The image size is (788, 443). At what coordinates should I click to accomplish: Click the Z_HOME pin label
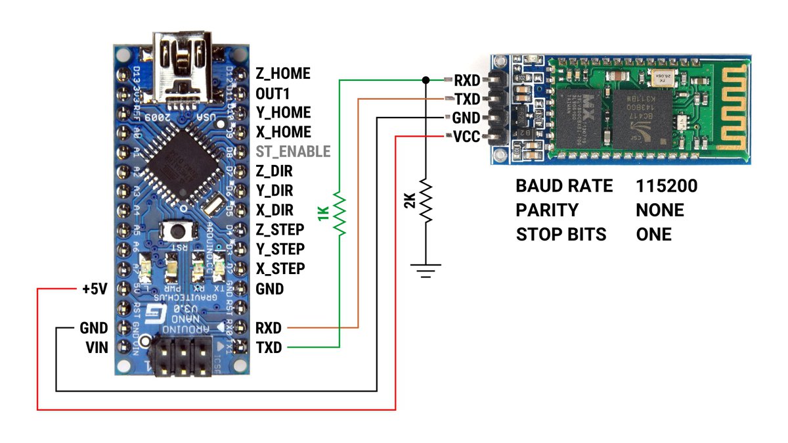click(x=282, y=74)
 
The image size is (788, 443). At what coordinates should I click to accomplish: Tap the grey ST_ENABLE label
click(x=292, y=152)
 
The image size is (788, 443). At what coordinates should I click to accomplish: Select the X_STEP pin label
click(x=280, y=269)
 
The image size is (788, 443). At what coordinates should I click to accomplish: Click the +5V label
click(x=94, y=289)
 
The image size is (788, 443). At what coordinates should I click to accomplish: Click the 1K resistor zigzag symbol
click(x=339, y=213)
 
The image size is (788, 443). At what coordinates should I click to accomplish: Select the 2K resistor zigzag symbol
click(x=426, y=200)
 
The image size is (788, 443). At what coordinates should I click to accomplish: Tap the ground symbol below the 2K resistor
click(x=426, y=269)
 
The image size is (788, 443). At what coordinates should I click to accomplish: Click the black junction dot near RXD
click(x=426, y=80)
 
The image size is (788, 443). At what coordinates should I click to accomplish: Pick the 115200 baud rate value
click(x=667, y=186)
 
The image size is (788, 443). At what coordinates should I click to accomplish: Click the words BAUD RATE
click(x=564, y=186)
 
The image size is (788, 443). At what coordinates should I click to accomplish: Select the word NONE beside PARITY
click(x=660, y=210)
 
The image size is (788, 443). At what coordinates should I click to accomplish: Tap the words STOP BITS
click(x=561, y=235)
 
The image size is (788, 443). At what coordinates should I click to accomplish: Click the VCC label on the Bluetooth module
click(x=467, y=137)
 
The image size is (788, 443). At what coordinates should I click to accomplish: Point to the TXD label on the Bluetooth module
click(x=467, y=99)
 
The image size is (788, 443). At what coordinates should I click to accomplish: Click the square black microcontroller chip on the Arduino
click(x=177, y=160)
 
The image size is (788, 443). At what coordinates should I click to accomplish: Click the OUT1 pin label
click(x=273, y=93)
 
